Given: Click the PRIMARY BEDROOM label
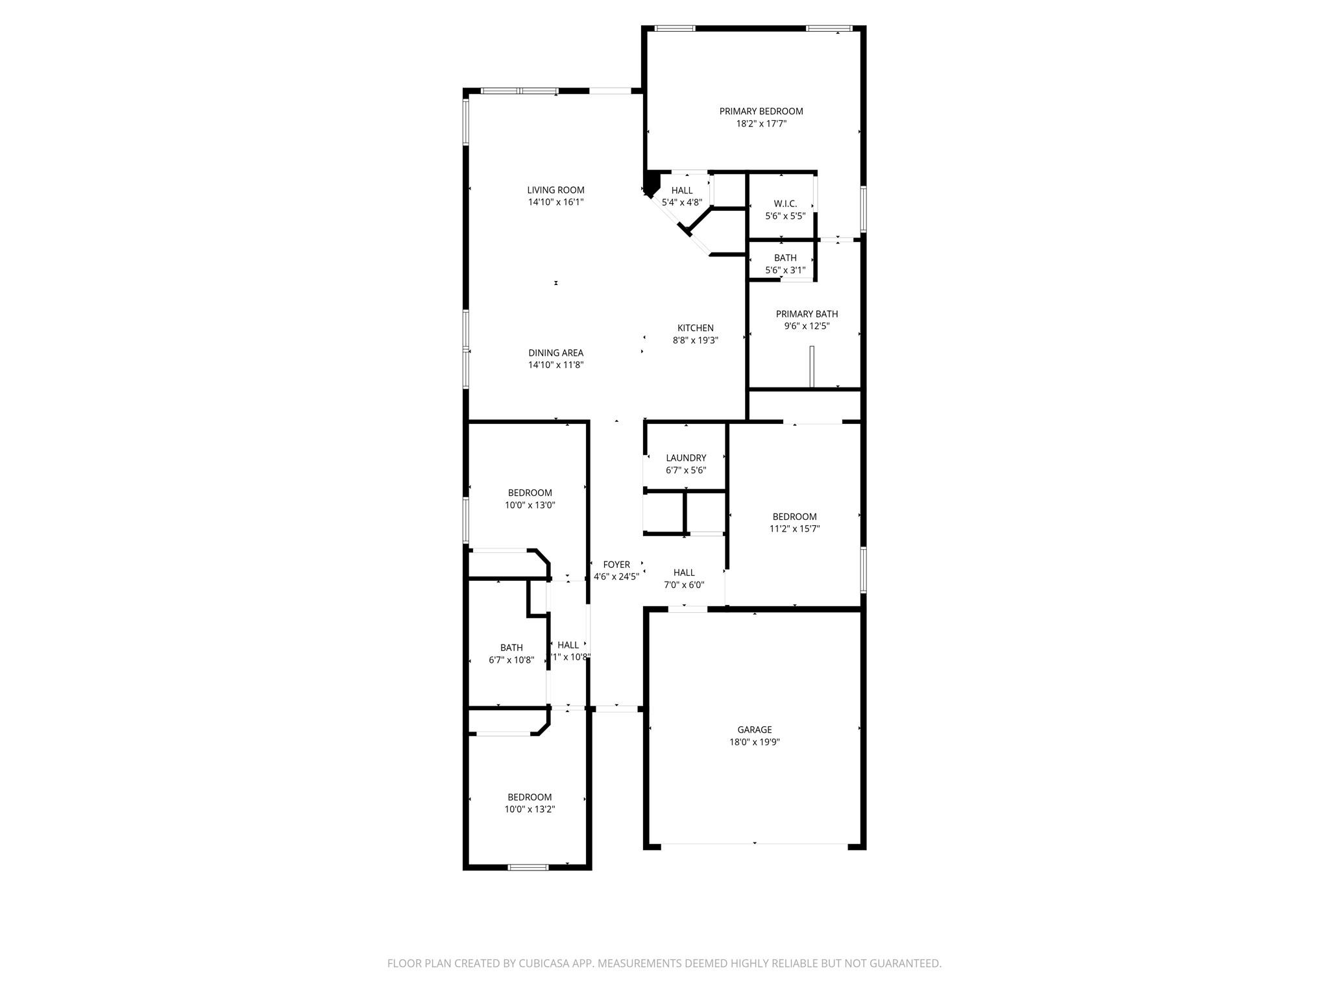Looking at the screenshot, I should point(761,112).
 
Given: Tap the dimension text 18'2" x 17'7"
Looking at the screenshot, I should point(761,124).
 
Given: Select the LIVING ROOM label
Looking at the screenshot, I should point(555,190).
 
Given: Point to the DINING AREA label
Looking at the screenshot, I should point(555,353).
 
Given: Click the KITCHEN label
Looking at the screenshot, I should point(695,328).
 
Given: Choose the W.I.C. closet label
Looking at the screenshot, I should point(785,204).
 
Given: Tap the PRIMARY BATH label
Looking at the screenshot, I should point(807,314).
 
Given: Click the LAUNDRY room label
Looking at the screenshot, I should point(685,458).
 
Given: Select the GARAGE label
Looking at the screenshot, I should point(754,730).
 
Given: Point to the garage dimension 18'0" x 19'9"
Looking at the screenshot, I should point(754,742).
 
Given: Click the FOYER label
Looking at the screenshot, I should point(616,565).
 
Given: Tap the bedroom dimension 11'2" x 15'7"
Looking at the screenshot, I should point(794,529).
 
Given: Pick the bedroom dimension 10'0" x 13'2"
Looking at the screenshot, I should point(530,809).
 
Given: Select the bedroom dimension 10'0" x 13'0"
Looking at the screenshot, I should point(530,505).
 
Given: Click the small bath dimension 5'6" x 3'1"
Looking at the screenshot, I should point(785,270).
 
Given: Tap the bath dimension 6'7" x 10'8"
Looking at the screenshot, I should point(511,660).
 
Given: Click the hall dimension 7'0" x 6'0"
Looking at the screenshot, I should point(684,585).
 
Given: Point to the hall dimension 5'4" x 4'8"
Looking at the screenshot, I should point(681,203).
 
